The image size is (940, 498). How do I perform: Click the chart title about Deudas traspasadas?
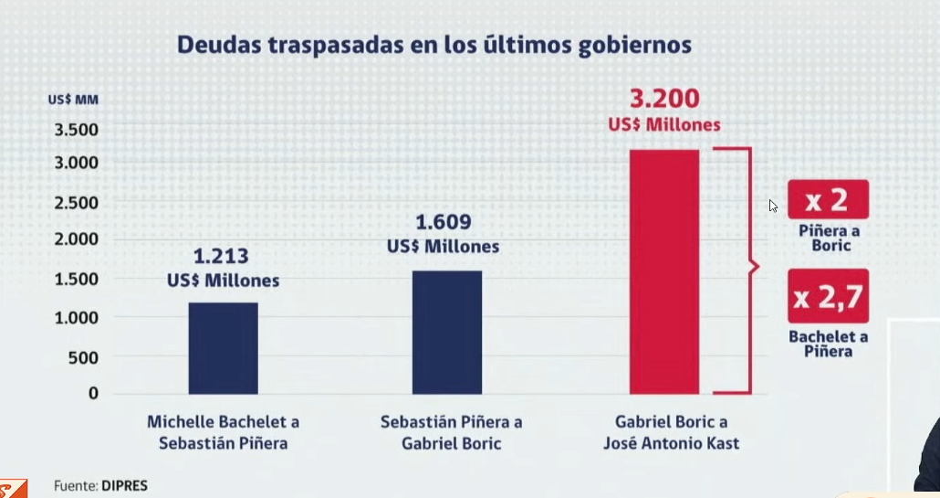[x=434, y=46]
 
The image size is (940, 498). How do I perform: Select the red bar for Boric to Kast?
[x=664, y=271]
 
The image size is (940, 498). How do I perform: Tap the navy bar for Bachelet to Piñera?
[x=223, y=348]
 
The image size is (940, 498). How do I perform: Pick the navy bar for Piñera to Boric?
[x=446, y=333]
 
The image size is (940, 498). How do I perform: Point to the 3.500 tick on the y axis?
[x=76, y=130]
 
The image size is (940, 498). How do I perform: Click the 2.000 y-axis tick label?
[x=76, y=238]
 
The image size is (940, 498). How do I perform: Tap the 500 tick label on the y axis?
[x=83, y=357]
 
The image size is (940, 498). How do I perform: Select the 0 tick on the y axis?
[x=93, y=393]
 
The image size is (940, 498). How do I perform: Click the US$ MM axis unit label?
[x=73, y=100]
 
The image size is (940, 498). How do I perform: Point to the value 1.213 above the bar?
[x=221, y=256]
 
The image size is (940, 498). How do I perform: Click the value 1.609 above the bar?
[x=443, y=222]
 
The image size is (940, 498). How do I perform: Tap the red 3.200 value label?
[x=664, y=99]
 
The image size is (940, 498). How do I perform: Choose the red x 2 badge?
[x=828, y=199]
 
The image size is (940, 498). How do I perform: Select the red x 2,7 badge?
[x=828, y=296]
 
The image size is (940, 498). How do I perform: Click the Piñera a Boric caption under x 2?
[x=830, y=238]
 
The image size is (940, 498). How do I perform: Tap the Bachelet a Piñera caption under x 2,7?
[x=829, y=344]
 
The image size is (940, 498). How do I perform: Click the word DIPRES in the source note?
[x=124, y=486]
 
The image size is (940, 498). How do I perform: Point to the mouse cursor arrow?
[x=773, y=206]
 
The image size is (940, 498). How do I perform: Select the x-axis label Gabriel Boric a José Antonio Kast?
[x=672, y=432]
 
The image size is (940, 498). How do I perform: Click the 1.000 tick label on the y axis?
[x=76, y=317]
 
